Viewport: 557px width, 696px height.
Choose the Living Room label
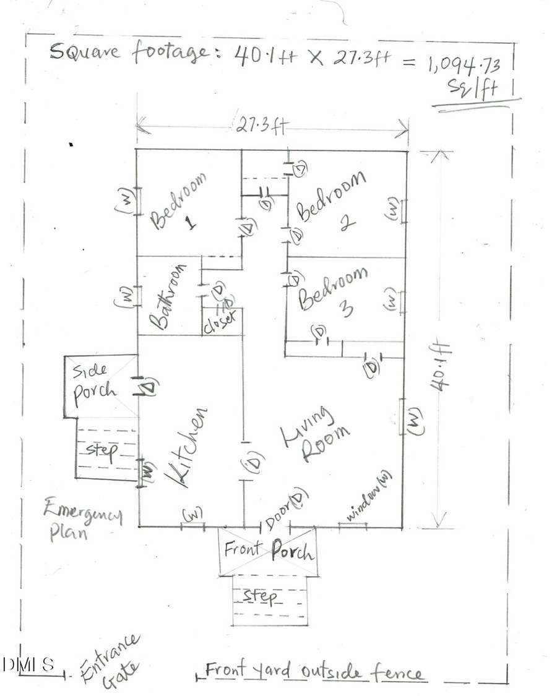316,436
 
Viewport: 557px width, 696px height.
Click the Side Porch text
94,381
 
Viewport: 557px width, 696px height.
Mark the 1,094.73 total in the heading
461,63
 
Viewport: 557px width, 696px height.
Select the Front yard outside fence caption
314,671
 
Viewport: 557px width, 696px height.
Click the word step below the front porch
260,595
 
